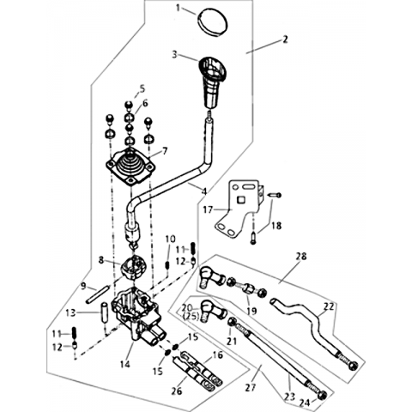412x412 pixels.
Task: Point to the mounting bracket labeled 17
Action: [x=238, y=208]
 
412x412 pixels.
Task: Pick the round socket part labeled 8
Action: [x=132, y=267]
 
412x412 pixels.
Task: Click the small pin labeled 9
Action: [x=97, y=294]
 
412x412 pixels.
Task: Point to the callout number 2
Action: [x=285, y=39]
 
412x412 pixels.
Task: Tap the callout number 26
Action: [x=177, y=391]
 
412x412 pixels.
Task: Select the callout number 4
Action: [x=204, y=191]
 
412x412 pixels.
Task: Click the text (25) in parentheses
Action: [x=190, y=317]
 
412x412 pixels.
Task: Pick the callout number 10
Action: [x=170, y=239]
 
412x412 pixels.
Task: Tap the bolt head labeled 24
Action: [x=323, y=395]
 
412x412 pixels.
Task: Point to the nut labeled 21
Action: [x=233, y=323]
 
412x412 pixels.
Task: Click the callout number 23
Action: [x=289, y=397]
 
